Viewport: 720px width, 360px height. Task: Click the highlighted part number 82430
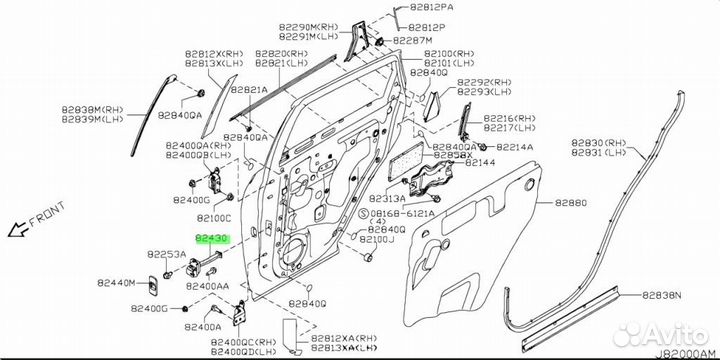click(x=212, y=240)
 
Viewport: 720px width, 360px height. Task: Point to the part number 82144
click(x=480, y=162)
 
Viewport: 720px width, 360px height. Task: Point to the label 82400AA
click(x=210, y=286)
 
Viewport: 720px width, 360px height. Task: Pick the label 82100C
click(x=213, y=217)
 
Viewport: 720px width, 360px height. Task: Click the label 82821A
click(x=248, y=89)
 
